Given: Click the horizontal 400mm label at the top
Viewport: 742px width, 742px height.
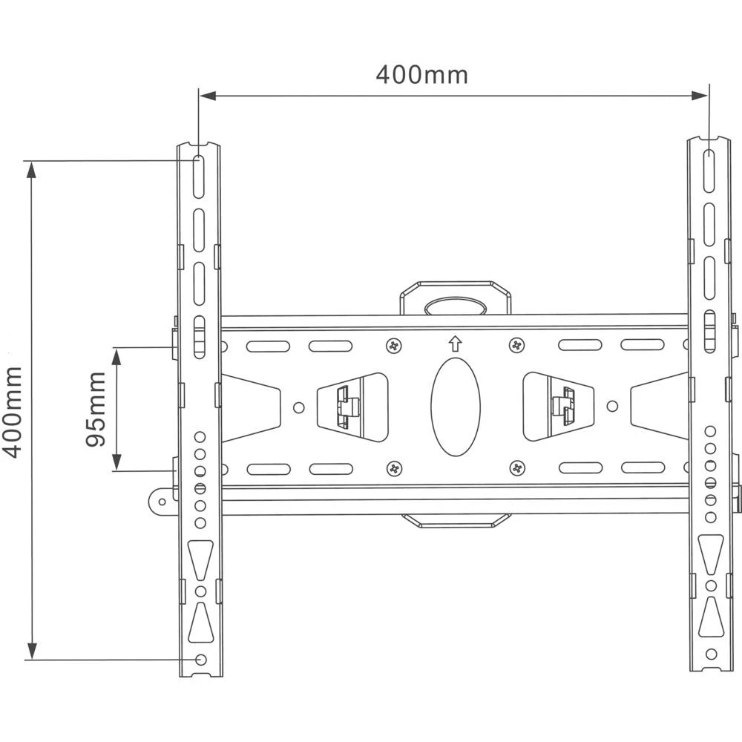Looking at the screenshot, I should (421, 74).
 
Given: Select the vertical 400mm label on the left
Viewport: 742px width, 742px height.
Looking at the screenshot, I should (13, 412).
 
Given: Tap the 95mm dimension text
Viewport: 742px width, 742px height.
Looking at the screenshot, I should (96, 410).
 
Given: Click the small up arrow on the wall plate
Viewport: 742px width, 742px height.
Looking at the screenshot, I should (455, 344).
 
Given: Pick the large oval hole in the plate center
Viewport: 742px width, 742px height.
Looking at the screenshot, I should (455, 407).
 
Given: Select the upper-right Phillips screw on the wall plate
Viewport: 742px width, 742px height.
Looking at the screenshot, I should (516, 345).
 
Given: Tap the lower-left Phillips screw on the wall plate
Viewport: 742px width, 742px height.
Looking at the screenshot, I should (393, 468).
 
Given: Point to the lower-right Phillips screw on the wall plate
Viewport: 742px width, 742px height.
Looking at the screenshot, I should (516, 468).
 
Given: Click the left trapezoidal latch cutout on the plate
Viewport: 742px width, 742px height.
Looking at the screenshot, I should (352, 406).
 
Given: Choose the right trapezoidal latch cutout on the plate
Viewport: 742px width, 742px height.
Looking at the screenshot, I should (558, 406).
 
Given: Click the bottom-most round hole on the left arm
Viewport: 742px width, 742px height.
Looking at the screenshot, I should (200, 659).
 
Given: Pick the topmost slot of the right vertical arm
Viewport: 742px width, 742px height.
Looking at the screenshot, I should (709, 171).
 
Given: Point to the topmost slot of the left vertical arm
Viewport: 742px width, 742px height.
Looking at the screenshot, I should (199, 175).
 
